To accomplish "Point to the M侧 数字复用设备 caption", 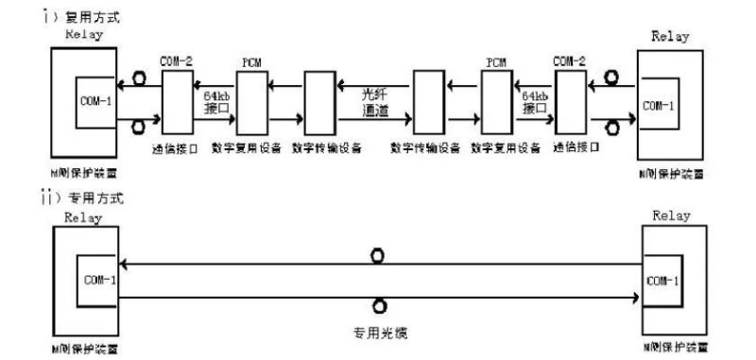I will click(247, 148).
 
